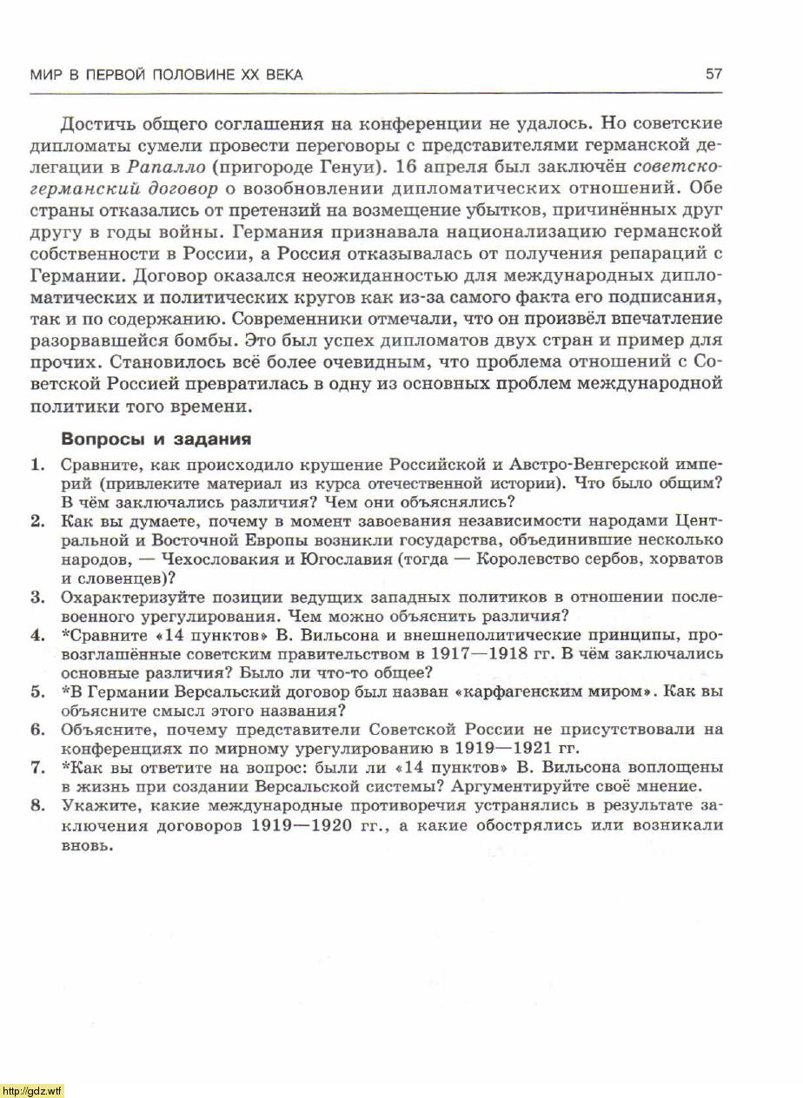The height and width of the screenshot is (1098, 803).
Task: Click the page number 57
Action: [713, 75]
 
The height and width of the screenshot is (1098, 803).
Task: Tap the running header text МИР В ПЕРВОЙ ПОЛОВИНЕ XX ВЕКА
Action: [167, 76]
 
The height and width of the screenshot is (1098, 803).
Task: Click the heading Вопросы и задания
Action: [156, 439]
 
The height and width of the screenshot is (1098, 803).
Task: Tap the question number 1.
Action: [36, 464]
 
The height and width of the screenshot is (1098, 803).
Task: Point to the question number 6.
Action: [36, 730]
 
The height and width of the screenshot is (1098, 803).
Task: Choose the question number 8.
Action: [36, 805]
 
